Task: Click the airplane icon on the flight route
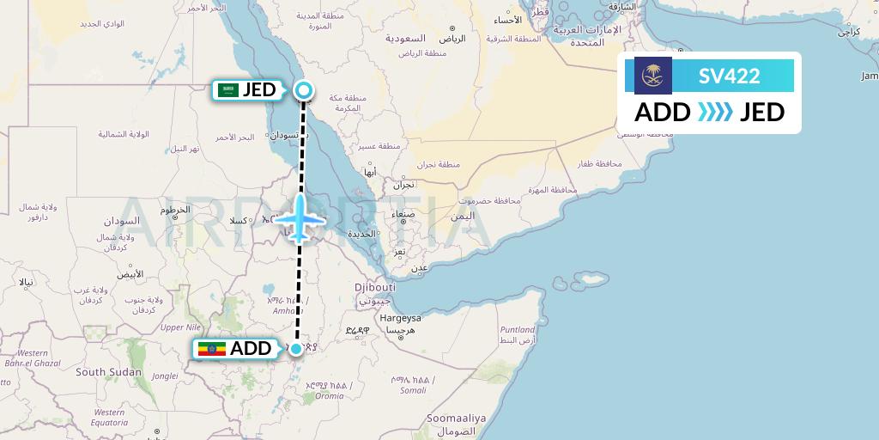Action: [x=300, y=217]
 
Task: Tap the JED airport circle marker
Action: [x=304, y=89]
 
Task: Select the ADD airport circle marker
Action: [x=296, y=348]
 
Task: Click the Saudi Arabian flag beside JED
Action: [x=228, y=89]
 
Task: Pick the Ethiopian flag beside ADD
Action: [x=211, y=349]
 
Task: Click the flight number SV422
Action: [x=729, y=76]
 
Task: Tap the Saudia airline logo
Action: [x=653, y=76]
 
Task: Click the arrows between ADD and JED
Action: [x=714, y=112]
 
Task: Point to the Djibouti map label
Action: [x=375, y=287]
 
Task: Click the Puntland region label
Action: [x=518, y=329]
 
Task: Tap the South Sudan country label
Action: [x=108, y=372]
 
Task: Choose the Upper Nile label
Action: [x=180, y=327]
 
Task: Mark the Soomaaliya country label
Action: [x=457, y=419]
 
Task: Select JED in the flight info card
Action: [x=761, y=112]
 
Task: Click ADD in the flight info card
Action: [x=663, y=112]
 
